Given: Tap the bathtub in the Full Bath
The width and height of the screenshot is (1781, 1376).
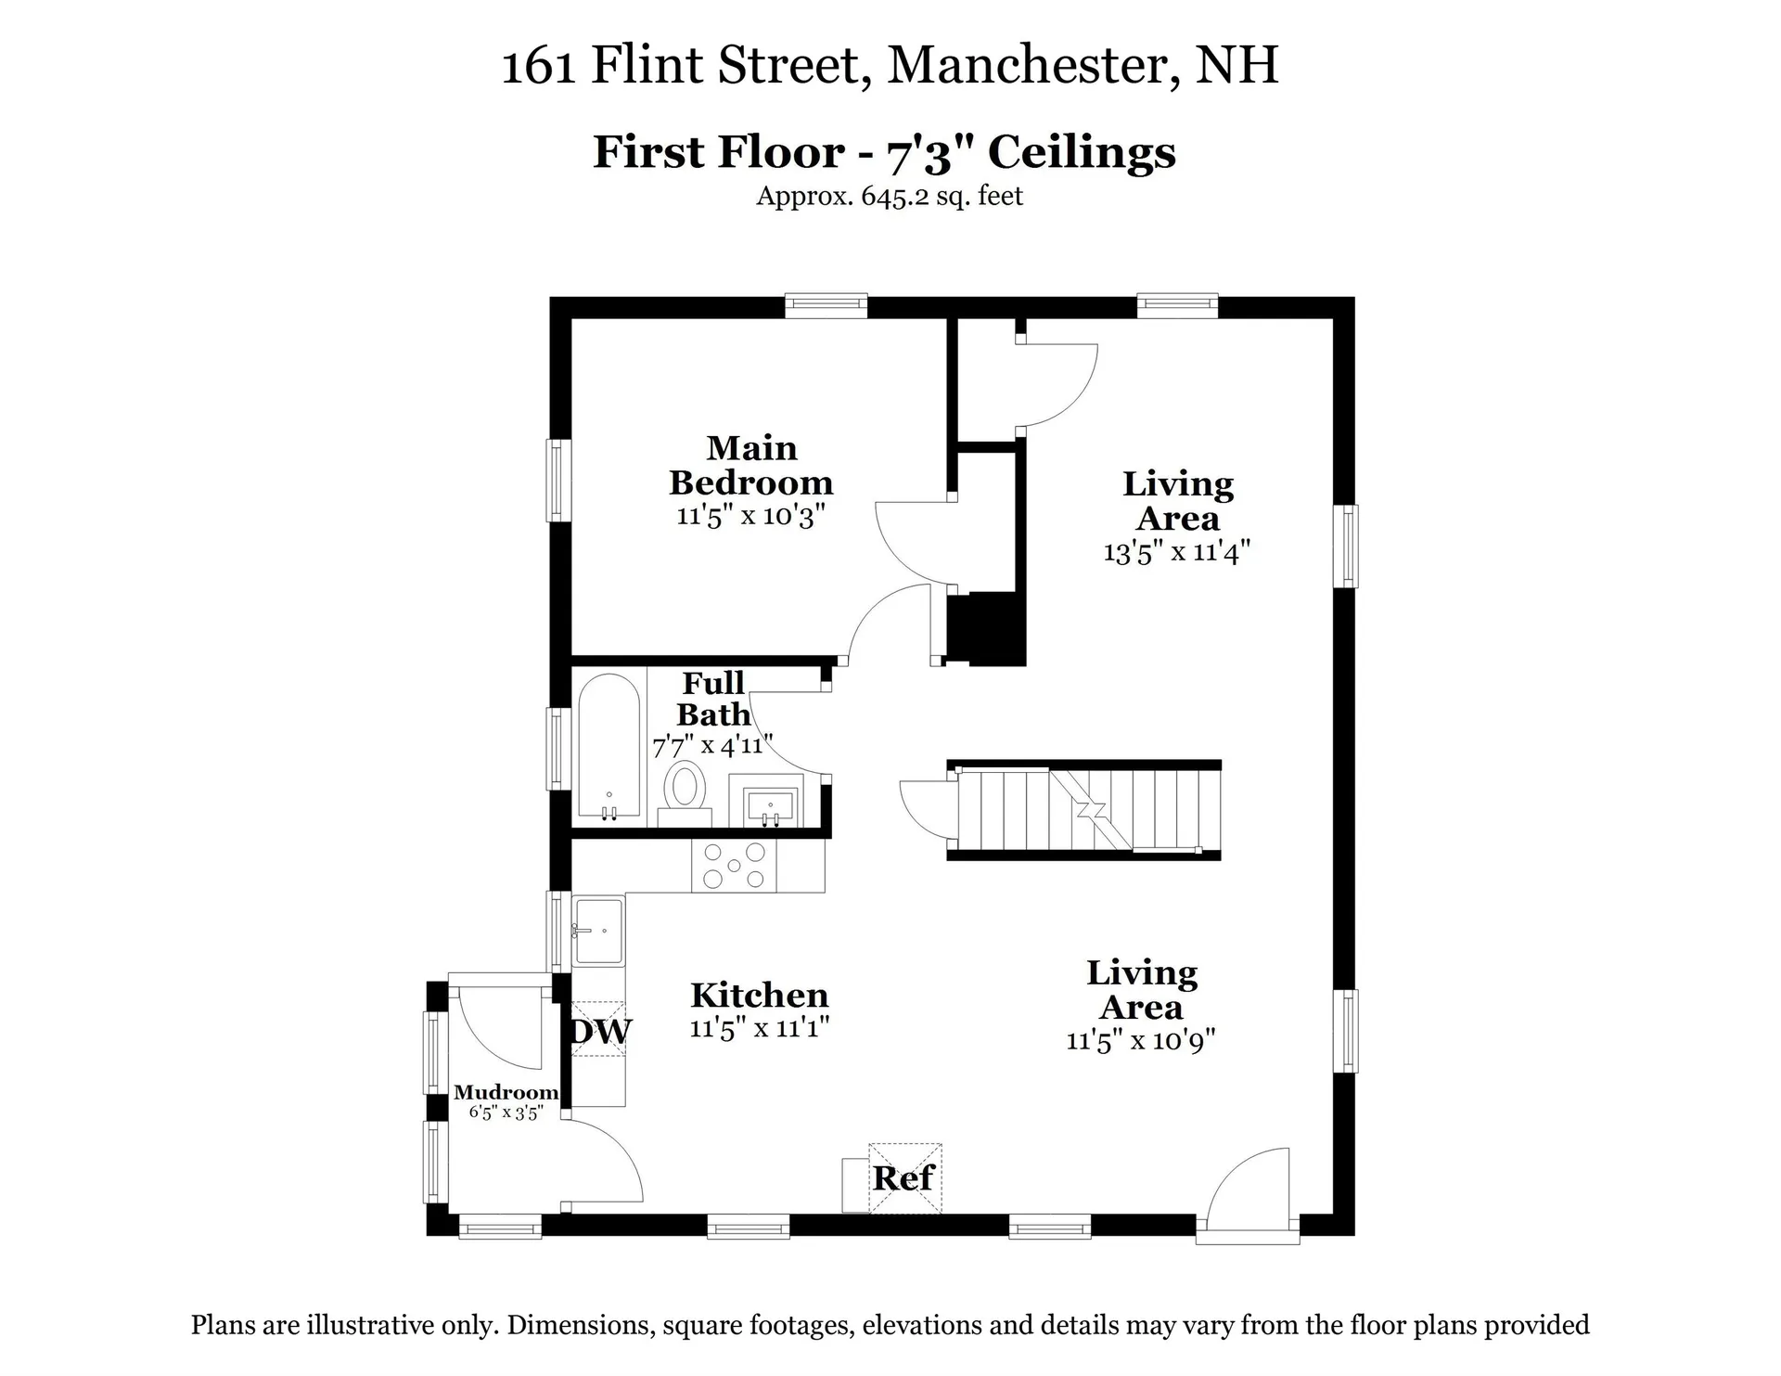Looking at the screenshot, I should (609, 747).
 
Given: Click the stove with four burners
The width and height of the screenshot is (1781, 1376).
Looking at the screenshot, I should (734, 866).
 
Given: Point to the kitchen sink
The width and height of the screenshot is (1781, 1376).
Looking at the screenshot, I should (598, 931).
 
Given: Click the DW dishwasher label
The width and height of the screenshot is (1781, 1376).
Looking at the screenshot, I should (601, 1031).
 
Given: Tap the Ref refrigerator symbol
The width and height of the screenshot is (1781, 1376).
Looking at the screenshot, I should (903, 1178).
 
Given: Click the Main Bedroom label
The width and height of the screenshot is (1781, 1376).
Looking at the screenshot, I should (751, 466).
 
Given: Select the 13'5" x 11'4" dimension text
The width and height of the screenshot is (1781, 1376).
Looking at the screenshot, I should (1177, 552).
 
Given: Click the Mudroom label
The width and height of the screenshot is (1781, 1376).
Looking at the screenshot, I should (506, 1093).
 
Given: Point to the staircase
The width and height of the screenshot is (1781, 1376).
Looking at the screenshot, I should (1085, 809).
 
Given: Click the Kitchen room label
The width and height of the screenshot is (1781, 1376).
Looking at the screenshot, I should (759, 996).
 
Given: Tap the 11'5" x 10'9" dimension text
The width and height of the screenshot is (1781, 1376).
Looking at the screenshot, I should (1141, 1040).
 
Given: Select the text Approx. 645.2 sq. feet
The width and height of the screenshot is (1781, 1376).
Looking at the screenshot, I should (889, 197).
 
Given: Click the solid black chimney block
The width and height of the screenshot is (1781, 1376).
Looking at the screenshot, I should (986, 630).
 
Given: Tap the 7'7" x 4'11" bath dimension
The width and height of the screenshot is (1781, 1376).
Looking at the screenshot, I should (712, 745).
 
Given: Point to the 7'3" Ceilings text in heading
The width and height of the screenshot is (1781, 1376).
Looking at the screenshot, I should (1031, 152).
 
